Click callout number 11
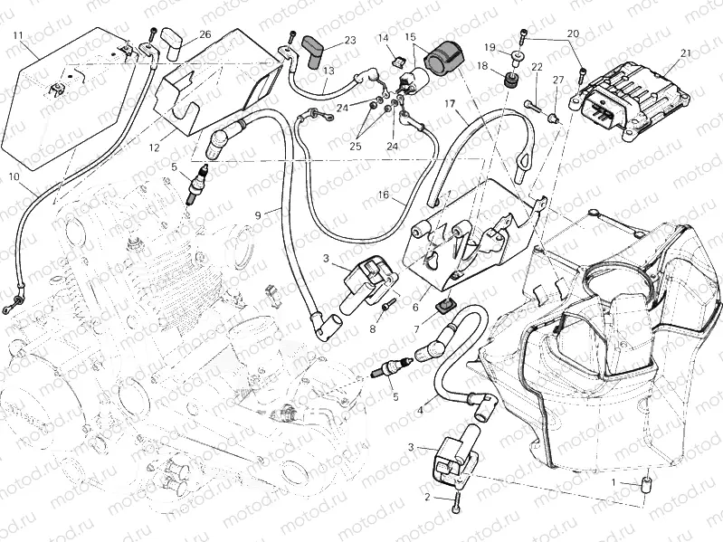coord(18,35)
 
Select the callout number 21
coord(685,52)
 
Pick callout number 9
coord(258,214)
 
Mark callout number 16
coord(383,195)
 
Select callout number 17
coord(449,105)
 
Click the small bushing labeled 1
coord(648,484)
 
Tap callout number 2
coord(427,497)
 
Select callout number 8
coord(371,329)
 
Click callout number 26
coord(205,34)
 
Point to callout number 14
coord(384,38)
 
